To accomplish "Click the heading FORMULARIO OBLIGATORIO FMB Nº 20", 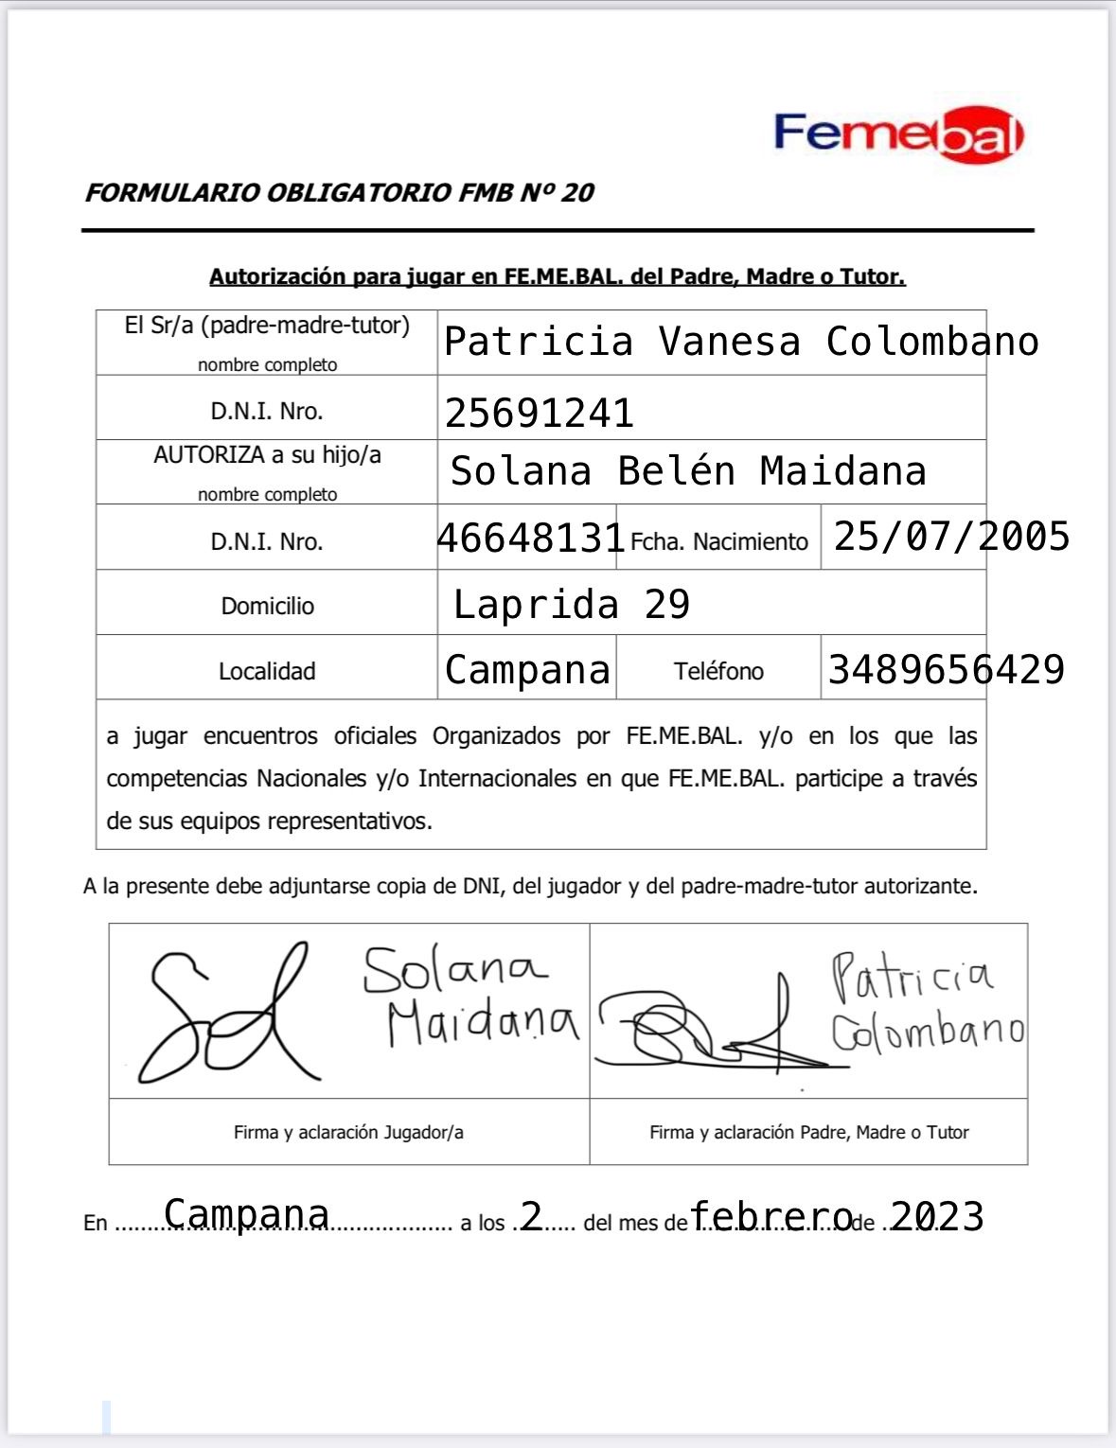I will (x=339, y=193).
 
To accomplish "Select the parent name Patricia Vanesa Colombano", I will (x=741, y=342).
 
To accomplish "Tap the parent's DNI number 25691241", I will (x=539, y=413).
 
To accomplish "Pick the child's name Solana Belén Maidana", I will (x=687, y=471).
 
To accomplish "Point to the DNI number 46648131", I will (x=530, y=538).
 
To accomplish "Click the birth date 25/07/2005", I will (x=950, y=537).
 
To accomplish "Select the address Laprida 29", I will (x=571, y=604).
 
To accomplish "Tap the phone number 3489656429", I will (x=946, y=670).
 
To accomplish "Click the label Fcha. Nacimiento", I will (x=718, y=542).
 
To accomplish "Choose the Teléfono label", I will (x=718, y=671).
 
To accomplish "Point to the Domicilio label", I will (x=267, y=606).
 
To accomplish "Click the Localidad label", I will (x=267, y=671).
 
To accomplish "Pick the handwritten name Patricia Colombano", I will (x=925, y=1003).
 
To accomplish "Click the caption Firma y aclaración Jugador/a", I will (x=348, y=1132).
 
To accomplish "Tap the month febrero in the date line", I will (x=771, y=1216).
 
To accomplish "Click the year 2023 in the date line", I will (x=936, y=1216).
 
